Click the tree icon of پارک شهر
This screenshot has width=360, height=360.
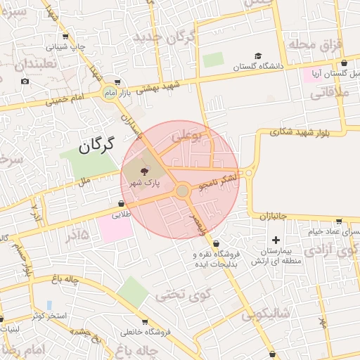pyautogui.click(x=145, y=171)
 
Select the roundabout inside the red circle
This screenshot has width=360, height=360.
pyautogui.click(x=182, y=191)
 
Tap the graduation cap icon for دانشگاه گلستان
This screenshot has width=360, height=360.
pyautogui.click(x=258, y=56)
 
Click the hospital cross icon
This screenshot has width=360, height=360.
pyautogui.click(x=276, y=240)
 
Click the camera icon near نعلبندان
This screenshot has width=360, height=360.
pyautogui.click(x=25, y=82)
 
